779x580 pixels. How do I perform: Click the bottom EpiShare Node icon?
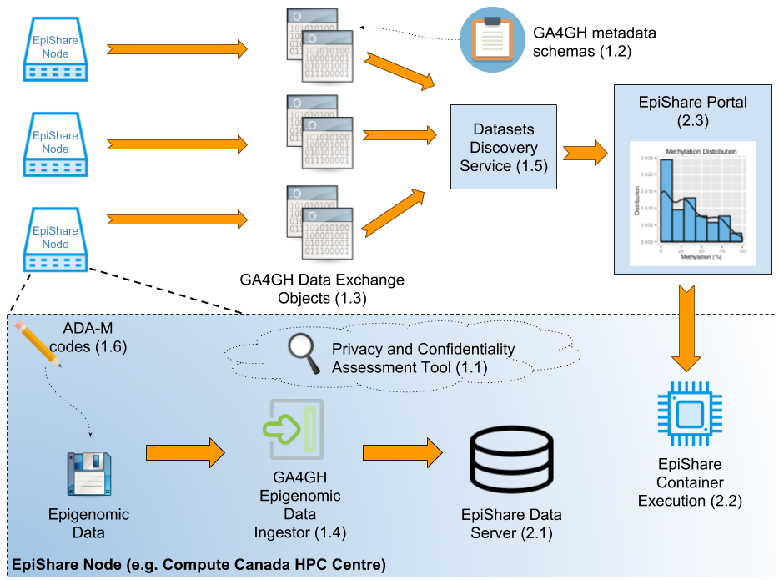(x=56, y=237)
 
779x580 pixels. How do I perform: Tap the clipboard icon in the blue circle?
(x=491, y=38)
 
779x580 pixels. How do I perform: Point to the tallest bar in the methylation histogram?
(x=666, y=200)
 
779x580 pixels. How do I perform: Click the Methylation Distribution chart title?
(x=700, y=151)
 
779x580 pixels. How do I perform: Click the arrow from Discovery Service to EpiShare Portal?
(x=586, y=153)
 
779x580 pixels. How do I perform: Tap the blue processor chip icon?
(x=689, y=413)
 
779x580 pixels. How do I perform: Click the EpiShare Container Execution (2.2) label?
(x=690, y=482)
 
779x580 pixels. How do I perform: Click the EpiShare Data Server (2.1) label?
(x=511, y=523)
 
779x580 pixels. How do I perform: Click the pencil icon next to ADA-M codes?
(x=38, y=344)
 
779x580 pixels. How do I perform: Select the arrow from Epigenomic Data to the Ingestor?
(x=185, y=452)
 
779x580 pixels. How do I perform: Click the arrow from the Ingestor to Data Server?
(x=401, y=452)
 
